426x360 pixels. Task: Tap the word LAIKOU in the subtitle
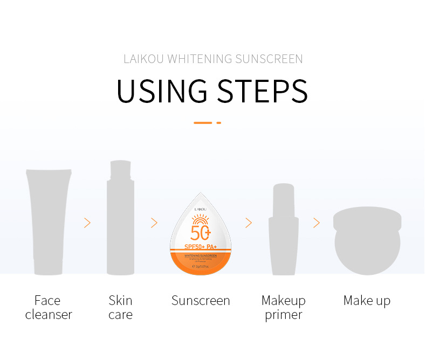pyautogui.click(x=144, y=59)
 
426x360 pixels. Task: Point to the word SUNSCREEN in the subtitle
pyautogui.click(x=269, y=59)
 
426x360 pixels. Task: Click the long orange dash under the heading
pyautogui.click(x=203, y=123)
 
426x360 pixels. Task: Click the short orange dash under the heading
pyautogui.click(x=218, y=123)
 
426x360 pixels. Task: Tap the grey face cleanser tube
pyautogui.click(x=49, y=221)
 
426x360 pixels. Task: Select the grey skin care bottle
pyautogui.click(x=120, y=221)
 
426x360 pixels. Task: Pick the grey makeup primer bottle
pyautogui.click(x=283, y=232)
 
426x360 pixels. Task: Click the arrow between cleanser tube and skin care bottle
pyautogui.click(x=87, y=223)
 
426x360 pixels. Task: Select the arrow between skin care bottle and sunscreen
pyautogui.click(x=154, y=223)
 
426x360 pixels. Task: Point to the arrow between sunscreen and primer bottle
pyautogui.click(x=249, y=223)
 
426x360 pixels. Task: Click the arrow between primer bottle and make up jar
pyautogui.click(x=317, y=223)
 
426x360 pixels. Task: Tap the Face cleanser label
pyautogui.click(x=49, y=307)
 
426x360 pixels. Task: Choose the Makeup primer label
pyautogui.click(x=283, y=307)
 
